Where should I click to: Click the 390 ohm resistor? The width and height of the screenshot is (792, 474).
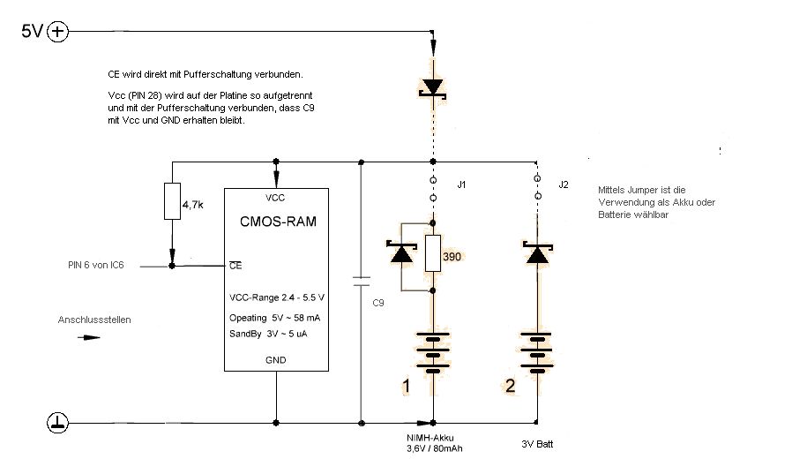pyautogui.click(x=433, y=253)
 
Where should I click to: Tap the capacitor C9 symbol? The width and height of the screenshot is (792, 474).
pyautogui.click(x=361, y=282)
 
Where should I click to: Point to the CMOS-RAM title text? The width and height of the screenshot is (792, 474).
pyautogui.click(x=276, y=222)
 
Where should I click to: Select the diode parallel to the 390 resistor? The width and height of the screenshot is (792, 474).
pyautogui.click(x=403, y=253)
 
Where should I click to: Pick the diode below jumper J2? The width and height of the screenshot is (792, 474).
pyautogui.click(x=537, y=253)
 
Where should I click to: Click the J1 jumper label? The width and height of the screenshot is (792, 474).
pyautogui.click(x=461, y=184)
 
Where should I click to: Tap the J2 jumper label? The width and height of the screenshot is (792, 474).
pyautogui.click(x=564, y=184)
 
